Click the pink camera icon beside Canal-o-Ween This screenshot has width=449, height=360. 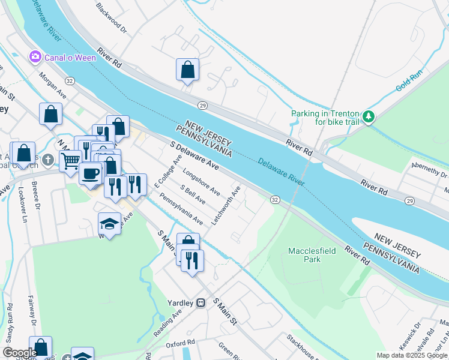35,57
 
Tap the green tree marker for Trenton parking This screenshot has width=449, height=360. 370,116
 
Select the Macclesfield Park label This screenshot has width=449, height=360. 312,255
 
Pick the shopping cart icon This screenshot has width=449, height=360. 70,161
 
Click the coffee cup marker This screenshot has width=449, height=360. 90,173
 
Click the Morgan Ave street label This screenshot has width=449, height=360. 52,86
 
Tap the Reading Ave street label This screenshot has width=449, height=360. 167,324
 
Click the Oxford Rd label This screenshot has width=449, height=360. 181,344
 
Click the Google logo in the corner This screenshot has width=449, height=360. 20,353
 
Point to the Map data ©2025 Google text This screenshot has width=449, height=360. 412,355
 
